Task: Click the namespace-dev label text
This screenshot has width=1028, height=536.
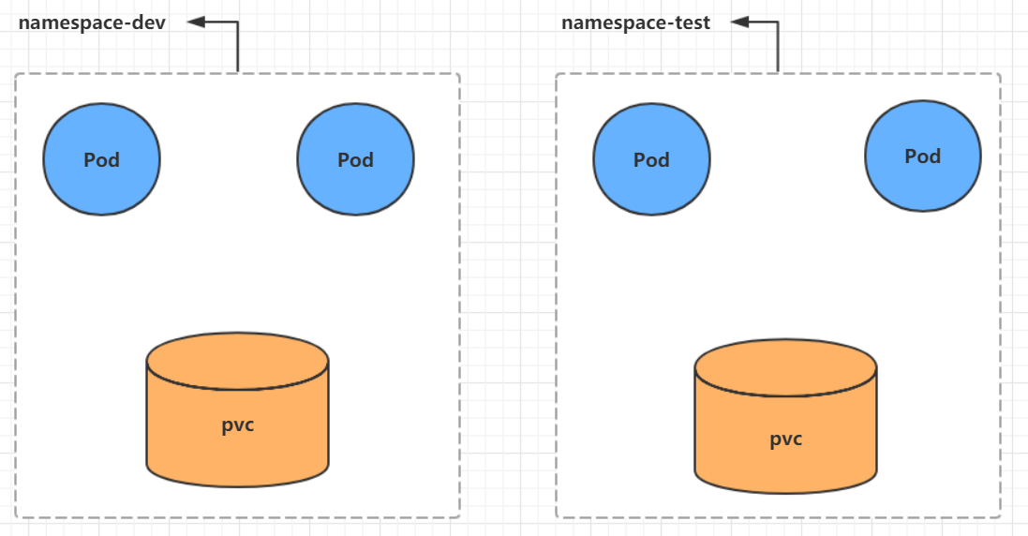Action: pos(92,22)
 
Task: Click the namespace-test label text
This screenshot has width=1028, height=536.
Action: pos(635,22)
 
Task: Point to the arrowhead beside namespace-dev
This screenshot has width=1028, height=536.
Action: pos(195,22)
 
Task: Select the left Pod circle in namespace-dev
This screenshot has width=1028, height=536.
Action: pos(101,159)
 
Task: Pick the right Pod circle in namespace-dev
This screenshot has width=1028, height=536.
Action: pos(355,159)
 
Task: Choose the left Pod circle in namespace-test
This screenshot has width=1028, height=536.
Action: pos(651,159)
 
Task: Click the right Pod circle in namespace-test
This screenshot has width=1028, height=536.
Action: pos(922,156)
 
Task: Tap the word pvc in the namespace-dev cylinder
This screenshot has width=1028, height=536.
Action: pos(237,424)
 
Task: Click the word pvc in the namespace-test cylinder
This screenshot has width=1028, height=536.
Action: pos(785,439)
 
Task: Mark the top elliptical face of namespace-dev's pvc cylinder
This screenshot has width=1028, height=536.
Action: pos(237,361)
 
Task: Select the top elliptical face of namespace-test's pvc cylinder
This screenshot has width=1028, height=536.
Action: pos(785,368)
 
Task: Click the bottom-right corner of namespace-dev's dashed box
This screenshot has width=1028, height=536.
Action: pos(458,515)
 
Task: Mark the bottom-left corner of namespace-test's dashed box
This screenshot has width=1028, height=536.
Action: pos(558,515)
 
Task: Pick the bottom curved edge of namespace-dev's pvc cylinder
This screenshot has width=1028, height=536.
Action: pos(237,485)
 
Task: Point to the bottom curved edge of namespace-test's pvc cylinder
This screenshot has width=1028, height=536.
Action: pos(785,492)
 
